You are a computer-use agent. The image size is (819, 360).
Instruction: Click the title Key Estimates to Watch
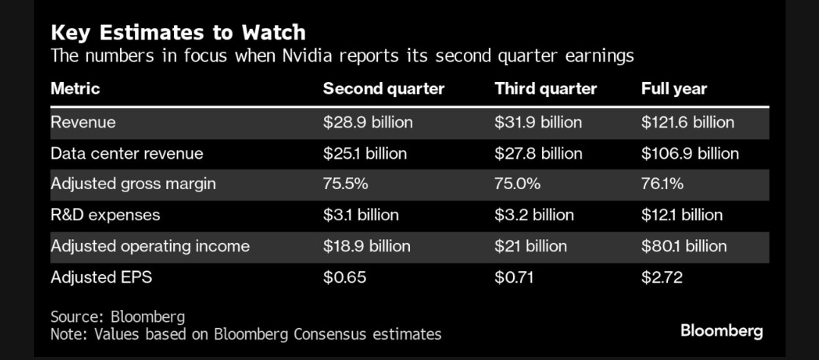point(178,33)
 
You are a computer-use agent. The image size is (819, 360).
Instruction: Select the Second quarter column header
point(383,89)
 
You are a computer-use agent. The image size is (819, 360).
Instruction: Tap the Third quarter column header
point(545,89)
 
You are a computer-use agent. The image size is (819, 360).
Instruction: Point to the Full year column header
point(673,89)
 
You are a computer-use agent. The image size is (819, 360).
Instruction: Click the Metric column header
point(75,89)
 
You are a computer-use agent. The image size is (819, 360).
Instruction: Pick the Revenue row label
point(83,122)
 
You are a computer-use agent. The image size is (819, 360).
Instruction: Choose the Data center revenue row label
point(127,153)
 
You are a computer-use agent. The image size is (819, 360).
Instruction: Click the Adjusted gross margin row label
point(133,184)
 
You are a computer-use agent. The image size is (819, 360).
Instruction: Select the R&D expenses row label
point(105,215)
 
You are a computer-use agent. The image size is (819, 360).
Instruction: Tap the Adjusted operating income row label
point(150,246)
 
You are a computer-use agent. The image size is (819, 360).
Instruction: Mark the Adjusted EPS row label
point(101,277)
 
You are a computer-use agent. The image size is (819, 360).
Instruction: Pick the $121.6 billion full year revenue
point(688,122)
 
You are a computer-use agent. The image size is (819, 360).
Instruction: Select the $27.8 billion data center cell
point(538,153)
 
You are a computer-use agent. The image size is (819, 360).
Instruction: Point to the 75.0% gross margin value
point(518,184)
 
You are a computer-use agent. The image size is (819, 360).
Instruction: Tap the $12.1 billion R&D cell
point(682,215)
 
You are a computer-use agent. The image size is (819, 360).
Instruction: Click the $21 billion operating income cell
point(531,246)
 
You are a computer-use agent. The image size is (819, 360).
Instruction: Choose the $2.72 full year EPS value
point(661,277)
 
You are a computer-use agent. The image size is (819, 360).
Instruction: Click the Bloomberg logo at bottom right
point(721,330)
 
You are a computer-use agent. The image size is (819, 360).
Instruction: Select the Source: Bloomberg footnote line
point(118,317)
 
